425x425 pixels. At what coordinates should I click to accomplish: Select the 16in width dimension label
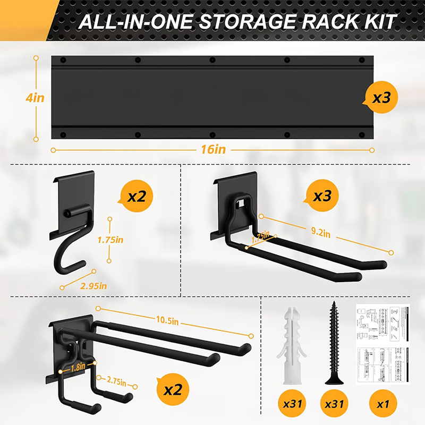(213, 150)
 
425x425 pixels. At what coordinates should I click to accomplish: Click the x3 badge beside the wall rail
(381, 98)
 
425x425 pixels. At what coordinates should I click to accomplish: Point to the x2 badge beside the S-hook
(137, 197)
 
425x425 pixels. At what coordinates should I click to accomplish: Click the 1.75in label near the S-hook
(110, 240)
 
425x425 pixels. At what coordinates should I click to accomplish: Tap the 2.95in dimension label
(93, 286)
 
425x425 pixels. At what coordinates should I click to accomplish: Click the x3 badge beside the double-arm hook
(322, 196)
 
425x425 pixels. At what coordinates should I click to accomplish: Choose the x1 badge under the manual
(382, 404)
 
